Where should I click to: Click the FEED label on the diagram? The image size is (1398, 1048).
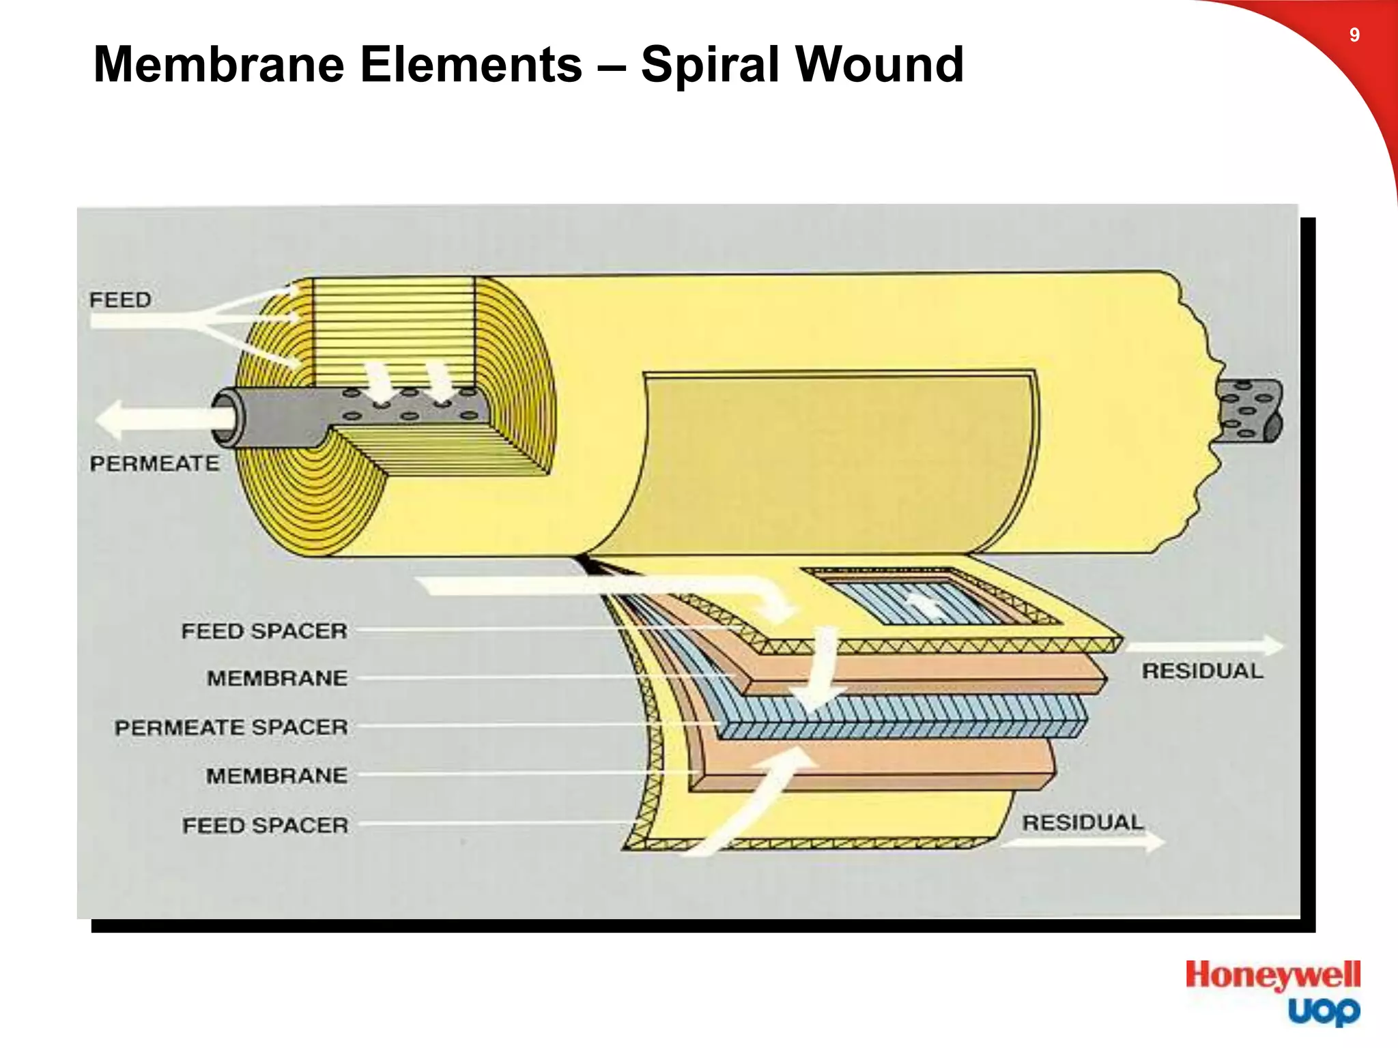click(x=120, y=300)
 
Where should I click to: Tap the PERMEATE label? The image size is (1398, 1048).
click(x=154, y=464)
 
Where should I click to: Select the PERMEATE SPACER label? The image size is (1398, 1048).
click(x=231, y=727)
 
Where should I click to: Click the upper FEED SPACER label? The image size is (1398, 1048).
click(x=264, y=631)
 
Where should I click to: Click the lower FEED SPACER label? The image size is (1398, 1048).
click(x=265, y=826)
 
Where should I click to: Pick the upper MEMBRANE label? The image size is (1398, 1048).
click(x=277, y=678)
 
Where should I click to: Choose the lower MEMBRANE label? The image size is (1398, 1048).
click(x=276, y=776)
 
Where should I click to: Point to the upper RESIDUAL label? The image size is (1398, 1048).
click(x=1202, y=671)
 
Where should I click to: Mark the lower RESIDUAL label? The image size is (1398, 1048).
click(x=1082, y=823)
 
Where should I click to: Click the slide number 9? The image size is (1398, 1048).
click(x=1354, y=35)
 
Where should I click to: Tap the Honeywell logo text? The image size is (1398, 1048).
click(x=1272, y=976)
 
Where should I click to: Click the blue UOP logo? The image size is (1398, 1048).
click(x=1324, y=1011)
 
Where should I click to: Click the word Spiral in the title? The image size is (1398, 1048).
click(x=709, y=65)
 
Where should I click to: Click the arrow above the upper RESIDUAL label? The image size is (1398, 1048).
click(x=1205, y=645)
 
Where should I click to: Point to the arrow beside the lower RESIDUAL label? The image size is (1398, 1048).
click(x=1085, y=843)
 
